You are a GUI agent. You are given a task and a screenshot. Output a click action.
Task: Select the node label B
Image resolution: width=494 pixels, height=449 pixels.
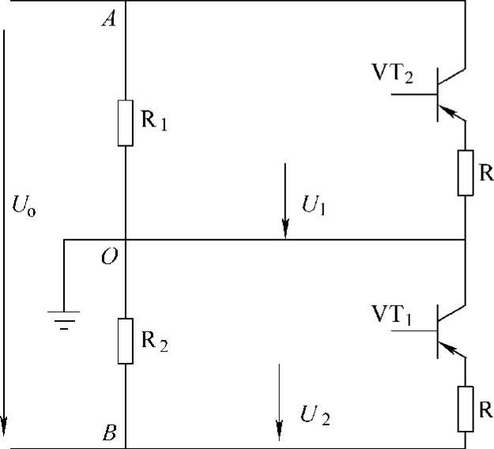click(x=109, y=432)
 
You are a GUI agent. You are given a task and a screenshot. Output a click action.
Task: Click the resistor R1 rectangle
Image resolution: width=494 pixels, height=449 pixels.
click(x=126, y=123)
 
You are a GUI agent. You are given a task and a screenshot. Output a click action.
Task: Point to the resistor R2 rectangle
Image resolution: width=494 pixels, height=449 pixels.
click(x=126, y=341)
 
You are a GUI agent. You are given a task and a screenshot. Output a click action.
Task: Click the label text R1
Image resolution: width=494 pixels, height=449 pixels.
click(x=155, y=123)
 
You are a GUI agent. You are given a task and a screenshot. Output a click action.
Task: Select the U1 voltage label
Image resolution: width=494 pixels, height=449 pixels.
click(x=314, y=208)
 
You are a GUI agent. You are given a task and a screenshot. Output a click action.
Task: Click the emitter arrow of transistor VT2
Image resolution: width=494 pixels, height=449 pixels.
click(x=451, y=114)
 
